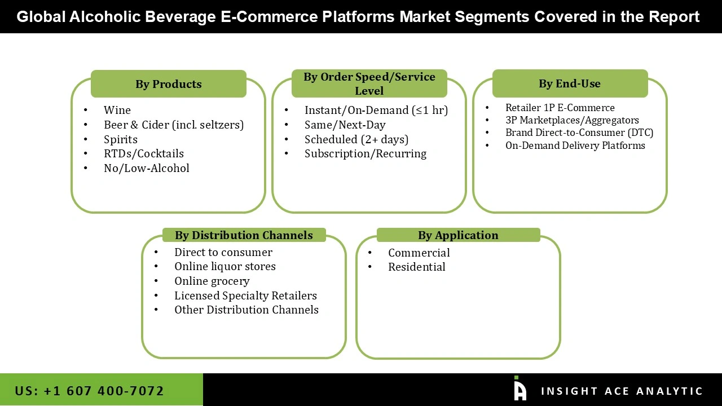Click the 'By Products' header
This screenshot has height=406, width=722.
point(168,84)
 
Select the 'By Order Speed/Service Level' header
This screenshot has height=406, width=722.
point(369,83)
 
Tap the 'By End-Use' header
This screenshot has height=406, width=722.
point(569,83)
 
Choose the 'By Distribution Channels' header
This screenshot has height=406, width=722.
point(244,235)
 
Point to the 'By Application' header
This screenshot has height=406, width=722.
point(458,235)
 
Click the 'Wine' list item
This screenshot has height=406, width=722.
point(117,111)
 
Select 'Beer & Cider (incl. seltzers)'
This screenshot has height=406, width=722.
point(173,125)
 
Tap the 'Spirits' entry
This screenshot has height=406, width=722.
point(120,139)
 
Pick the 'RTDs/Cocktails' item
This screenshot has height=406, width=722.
point(143,153)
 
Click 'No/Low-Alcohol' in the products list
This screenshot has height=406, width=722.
point(146,168)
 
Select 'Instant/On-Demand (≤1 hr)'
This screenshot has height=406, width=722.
point(376,111)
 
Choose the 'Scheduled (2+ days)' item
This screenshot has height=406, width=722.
point(356,139)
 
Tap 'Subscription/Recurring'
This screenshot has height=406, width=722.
point(365,153)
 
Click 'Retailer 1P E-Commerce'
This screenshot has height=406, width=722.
point(560,108)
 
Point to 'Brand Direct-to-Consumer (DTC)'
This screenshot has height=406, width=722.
point(579,133)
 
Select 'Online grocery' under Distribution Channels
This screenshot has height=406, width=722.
point(212,281)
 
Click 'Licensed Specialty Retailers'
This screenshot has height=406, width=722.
point(245,295)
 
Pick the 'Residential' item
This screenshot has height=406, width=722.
point(416,267)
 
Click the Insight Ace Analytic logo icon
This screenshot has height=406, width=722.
point(520,389)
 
